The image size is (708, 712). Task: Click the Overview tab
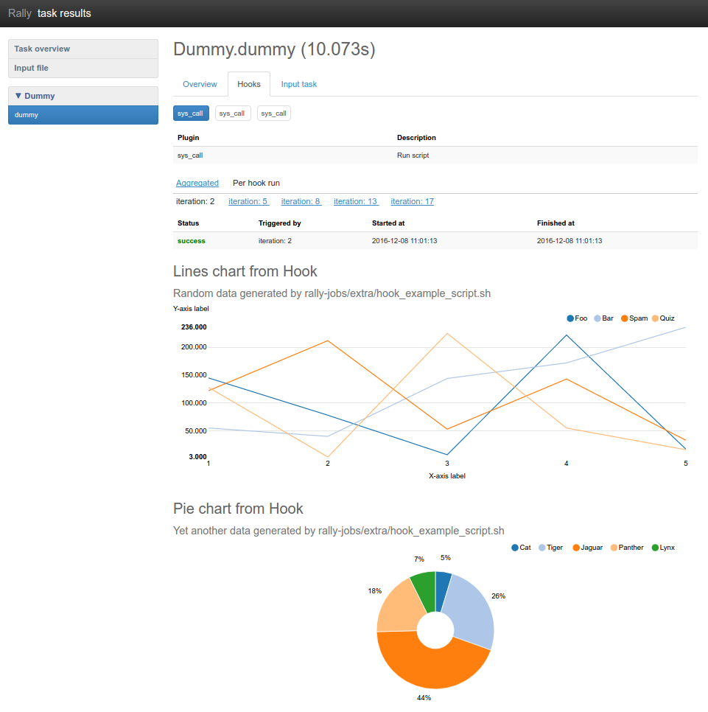click(x=200, y=84)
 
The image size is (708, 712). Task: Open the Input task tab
click(x=299, y=84)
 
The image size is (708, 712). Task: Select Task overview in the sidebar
click(x=42, y=49)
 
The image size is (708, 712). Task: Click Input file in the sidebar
click(x=32, y=68)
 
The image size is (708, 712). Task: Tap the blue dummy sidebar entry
click(x=27, y=115)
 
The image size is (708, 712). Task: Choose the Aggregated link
click(x=197, y=183)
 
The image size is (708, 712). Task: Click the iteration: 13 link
click(x=355, y=201)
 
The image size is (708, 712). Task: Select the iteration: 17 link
click(x=412, y=201)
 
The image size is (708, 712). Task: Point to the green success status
click(x=192, y=241)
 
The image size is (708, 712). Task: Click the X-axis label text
click(x=447, y=476)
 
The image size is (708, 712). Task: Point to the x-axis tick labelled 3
click(x=447, y=464)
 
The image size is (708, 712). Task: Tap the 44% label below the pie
click(x=424, y=697)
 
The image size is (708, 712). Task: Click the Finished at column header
click(x=555, y=223)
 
